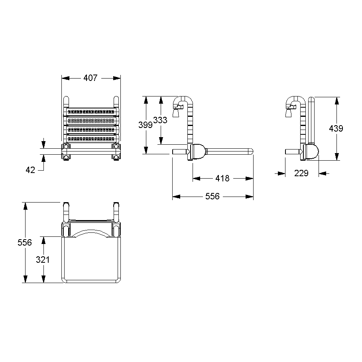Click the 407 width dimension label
(x=90, y=78)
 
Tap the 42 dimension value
(x=30, y=170)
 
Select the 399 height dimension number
(x=146, y=125)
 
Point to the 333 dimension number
(x=160, y=120)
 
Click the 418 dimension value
(x=222, y=178)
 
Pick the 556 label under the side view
(x=212, y=197)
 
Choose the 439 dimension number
(x=336, y=128)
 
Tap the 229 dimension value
(x=302, y=173)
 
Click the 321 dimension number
(x=43, y=260)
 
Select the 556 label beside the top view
(x=25, y=242)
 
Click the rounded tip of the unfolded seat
(x=251, y=151)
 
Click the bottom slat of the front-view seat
(x=91, y=139)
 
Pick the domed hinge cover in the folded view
(x=313, y=152)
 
